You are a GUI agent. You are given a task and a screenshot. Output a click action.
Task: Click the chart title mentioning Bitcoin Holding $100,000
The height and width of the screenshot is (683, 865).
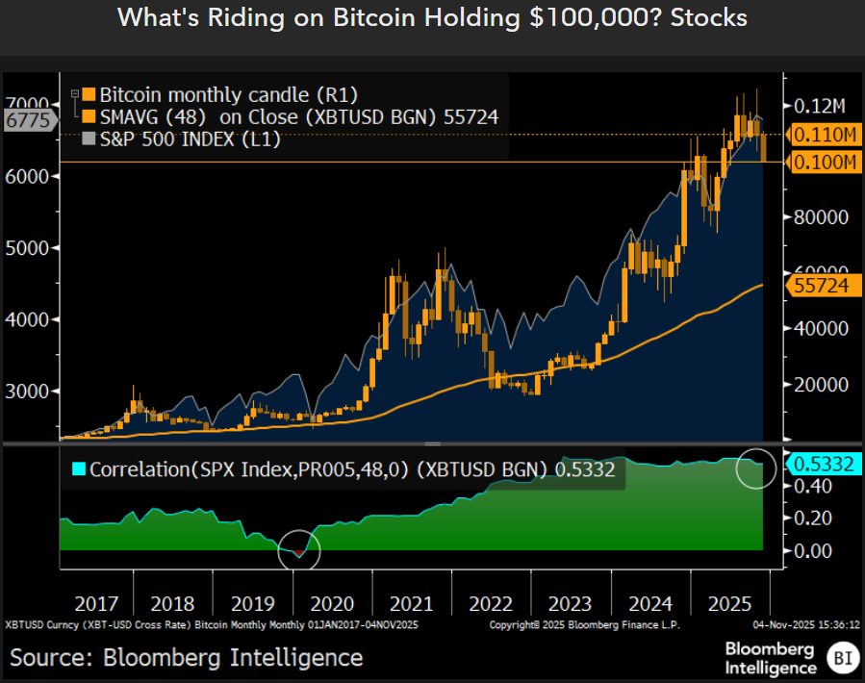[432, 18]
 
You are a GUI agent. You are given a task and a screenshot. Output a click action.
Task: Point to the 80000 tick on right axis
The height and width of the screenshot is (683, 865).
[820, 217]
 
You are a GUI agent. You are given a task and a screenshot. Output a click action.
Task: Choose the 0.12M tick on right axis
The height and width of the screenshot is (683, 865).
[820, 106]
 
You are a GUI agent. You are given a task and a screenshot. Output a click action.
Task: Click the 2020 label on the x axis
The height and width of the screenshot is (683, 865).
[333, 604]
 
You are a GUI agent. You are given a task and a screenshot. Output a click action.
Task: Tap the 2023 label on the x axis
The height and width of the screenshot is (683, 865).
[570, 604]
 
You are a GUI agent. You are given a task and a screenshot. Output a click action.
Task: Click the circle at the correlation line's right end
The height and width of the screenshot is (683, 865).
[756, 468]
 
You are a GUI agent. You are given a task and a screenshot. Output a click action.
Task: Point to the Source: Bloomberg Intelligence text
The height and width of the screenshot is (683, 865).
[187, 658]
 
